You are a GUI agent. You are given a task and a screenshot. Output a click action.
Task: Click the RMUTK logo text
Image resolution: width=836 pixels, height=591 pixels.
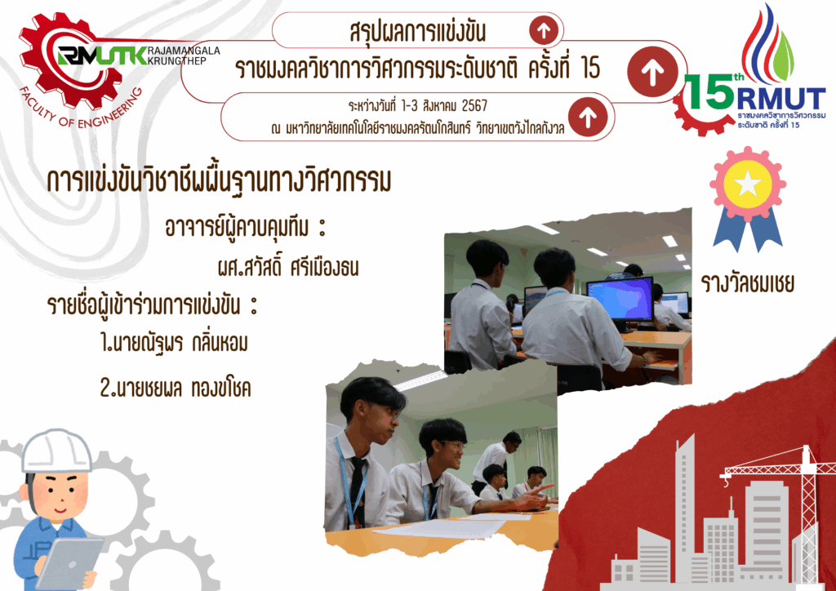[102, 56]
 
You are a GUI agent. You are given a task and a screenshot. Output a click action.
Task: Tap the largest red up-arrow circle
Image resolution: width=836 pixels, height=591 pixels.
[652, 71]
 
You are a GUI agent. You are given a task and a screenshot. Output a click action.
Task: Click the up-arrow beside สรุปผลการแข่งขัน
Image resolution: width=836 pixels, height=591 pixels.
[544, 30]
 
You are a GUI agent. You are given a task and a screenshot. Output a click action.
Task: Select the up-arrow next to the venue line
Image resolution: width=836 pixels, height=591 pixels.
[588, 117]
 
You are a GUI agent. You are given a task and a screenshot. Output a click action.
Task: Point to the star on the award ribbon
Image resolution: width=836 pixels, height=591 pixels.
[748, 184]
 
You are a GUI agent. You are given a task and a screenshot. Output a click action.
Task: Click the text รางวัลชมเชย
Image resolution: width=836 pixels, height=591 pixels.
[748, 283]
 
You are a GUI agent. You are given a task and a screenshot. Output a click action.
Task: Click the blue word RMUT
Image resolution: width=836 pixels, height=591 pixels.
[781, 99]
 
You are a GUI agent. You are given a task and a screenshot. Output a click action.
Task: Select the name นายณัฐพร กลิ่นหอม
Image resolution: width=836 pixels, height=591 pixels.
[175, 343]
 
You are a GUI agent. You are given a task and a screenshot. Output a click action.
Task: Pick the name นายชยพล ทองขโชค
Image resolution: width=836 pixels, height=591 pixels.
[176, 388]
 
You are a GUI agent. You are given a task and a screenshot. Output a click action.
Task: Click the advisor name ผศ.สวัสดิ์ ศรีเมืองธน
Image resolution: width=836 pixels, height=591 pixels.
[288, 266]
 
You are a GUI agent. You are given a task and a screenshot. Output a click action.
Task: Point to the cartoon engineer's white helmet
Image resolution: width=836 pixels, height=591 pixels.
[56, 451]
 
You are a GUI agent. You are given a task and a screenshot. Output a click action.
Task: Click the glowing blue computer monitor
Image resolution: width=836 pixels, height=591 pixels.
[620, 299]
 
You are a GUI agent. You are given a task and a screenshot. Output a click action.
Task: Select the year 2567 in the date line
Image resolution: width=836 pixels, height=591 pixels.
[474, 106]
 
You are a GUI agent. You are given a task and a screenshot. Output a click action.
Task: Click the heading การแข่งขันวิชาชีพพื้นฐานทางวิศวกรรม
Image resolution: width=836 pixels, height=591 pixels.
[219, 181]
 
